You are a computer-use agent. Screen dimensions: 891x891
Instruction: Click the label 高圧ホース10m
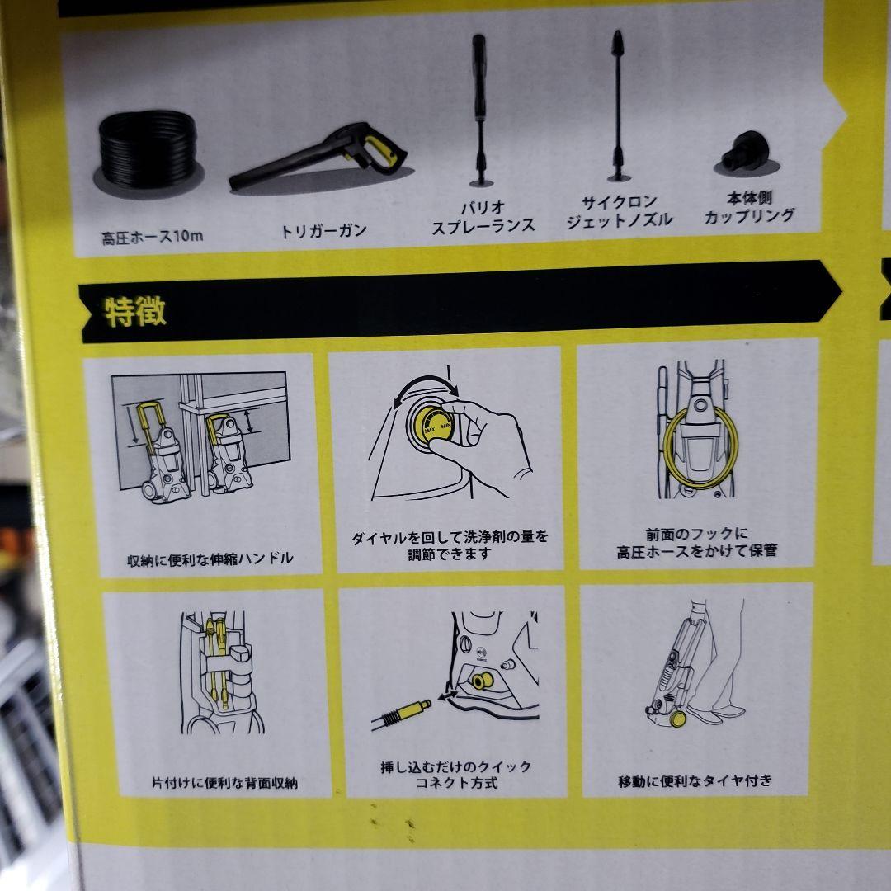pyautogui.click(x=153, y=238)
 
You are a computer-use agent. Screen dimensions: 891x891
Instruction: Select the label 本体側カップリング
pyautogui.click(x=749, y=208)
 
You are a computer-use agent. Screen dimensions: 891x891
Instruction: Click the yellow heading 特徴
pyautogui.click(x=135, y=311)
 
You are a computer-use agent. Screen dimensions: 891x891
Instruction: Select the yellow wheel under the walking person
pyautogui.click(x=677, y=718)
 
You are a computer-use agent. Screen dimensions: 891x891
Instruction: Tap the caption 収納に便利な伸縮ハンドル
pyautogui.click(x=210, y=559)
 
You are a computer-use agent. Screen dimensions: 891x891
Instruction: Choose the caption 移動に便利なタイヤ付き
pyautogui.click(x=695, y=780)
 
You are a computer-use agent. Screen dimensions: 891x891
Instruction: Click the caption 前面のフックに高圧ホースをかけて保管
pyautogui.click(x=696, y=542)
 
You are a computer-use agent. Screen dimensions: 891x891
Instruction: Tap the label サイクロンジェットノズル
pyautogui.click(x=619, y=210)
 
